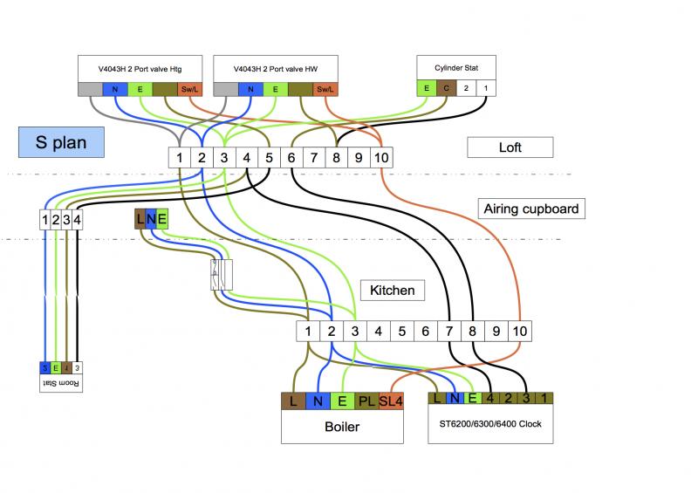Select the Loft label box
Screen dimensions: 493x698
coord(510,147)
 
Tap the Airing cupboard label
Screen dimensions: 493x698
coord(530,209)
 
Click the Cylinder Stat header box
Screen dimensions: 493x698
coord(455,67)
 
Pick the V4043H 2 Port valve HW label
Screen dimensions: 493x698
coord(275,67)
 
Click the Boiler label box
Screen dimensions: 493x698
coord(342,428)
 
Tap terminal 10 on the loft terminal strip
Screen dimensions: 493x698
coord(381,158)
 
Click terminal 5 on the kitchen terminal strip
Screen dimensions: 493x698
coord(401,332)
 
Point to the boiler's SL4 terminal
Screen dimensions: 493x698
coord(392,401)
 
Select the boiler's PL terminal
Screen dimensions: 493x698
coord(366,401)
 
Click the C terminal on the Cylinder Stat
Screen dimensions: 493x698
coord(446,88)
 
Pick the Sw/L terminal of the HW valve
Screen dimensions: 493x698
coord(324,88)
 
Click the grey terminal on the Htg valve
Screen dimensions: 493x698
coord(90,88)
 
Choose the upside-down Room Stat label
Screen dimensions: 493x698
coord(61,383)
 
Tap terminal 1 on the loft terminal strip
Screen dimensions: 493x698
coord(178,158)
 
